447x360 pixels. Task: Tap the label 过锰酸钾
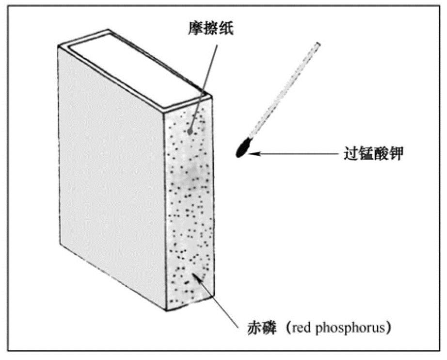372,154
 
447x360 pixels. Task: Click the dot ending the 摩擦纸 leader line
190,131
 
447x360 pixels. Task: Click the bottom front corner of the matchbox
166,309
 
